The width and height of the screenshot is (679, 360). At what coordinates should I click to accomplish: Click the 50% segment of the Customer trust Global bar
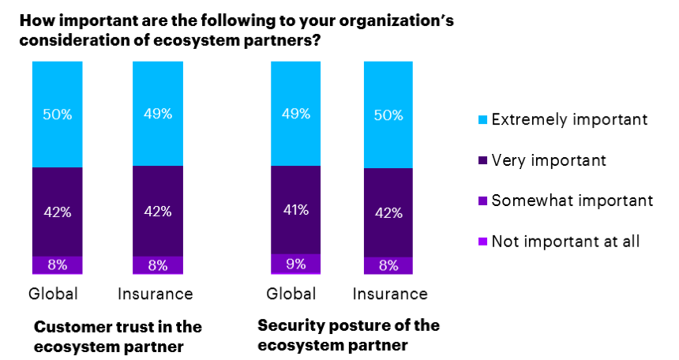57,114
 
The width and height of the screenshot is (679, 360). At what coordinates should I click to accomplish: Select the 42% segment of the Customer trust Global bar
57,212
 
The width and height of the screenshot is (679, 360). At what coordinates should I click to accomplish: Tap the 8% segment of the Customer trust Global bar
57,265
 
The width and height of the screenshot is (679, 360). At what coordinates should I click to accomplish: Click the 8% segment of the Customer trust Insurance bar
157,265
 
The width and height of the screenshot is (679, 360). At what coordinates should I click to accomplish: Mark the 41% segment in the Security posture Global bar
294,210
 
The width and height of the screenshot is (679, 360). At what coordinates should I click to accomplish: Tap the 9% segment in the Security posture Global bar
294,264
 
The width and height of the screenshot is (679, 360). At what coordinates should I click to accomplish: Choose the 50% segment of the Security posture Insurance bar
388,114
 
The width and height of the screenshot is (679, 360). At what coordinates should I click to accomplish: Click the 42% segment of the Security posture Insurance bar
388,212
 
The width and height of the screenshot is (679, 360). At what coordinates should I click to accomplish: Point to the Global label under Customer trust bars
53,294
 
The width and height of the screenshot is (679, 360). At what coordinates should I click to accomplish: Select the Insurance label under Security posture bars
389,294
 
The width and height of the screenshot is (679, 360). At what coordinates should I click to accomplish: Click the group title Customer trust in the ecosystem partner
118,336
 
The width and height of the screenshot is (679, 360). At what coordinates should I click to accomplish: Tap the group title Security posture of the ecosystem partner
348,335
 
